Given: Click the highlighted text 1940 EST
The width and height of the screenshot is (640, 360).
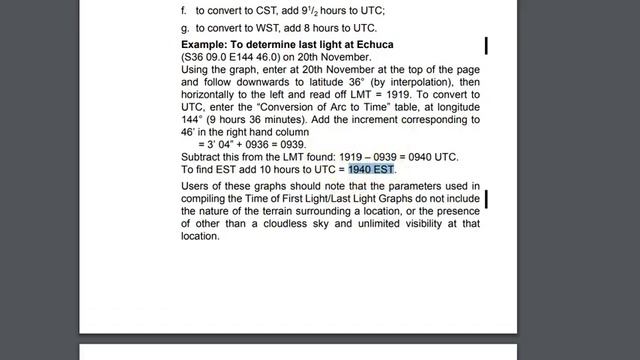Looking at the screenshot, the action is click(x=372, y=170).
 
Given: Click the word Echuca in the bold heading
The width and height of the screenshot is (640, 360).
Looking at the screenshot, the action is click(x=370, y=45).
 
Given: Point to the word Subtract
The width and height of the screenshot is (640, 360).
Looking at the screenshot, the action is click(x=204, y=158).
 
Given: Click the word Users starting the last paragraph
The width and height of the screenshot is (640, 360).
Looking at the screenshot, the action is click(x=198, y=187).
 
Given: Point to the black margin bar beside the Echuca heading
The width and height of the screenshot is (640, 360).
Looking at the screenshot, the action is click(x=486, y=46).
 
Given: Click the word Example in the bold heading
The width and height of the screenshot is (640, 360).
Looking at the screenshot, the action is click(x=208, y=45).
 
